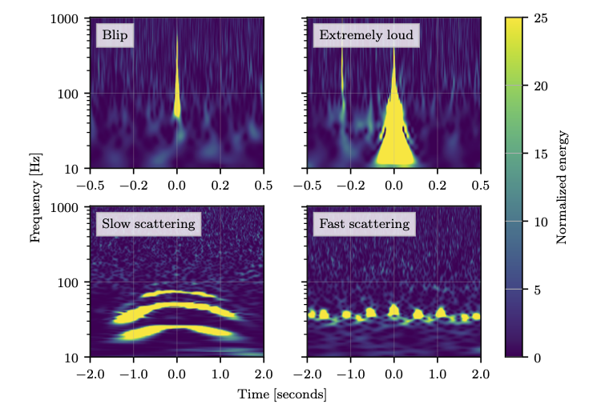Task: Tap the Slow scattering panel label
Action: click(148, 224)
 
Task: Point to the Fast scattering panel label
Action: click(365, 224)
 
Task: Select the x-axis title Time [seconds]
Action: click(282, 394)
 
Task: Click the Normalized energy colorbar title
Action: click(561, 186)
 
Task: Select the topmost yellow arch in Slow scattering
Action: click(178, 293)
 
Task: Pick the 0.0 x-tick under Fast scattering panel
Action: click(393, 373)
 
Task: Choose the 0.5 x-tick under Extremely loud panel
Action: click(480, 184)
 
